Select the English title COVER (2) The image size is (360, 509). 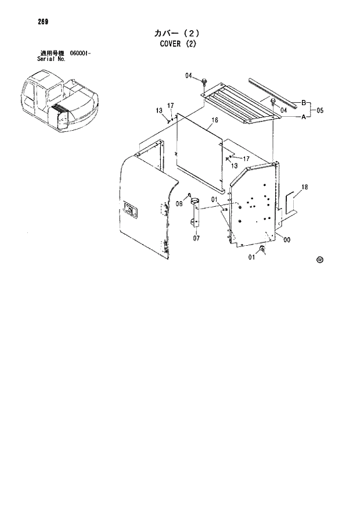[x=179, y=43]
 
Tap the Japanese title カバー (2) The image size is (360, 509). [x=179, y=33]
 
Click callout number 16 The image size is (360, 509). [x=214, y=121]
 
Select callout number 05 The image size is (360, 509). [x=319, y=110]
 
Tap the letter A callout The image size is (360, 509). [x=303, y=117]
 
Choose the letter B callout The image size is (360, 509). [x=303, y=103]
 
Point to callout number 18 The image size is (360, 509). [x=305, y=187]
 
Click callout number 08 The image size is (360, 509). [x=179, y=203]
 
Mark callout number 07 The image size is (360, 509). [x=196, y=238]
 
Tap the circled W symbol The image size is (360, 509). [x=319, y=260]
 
